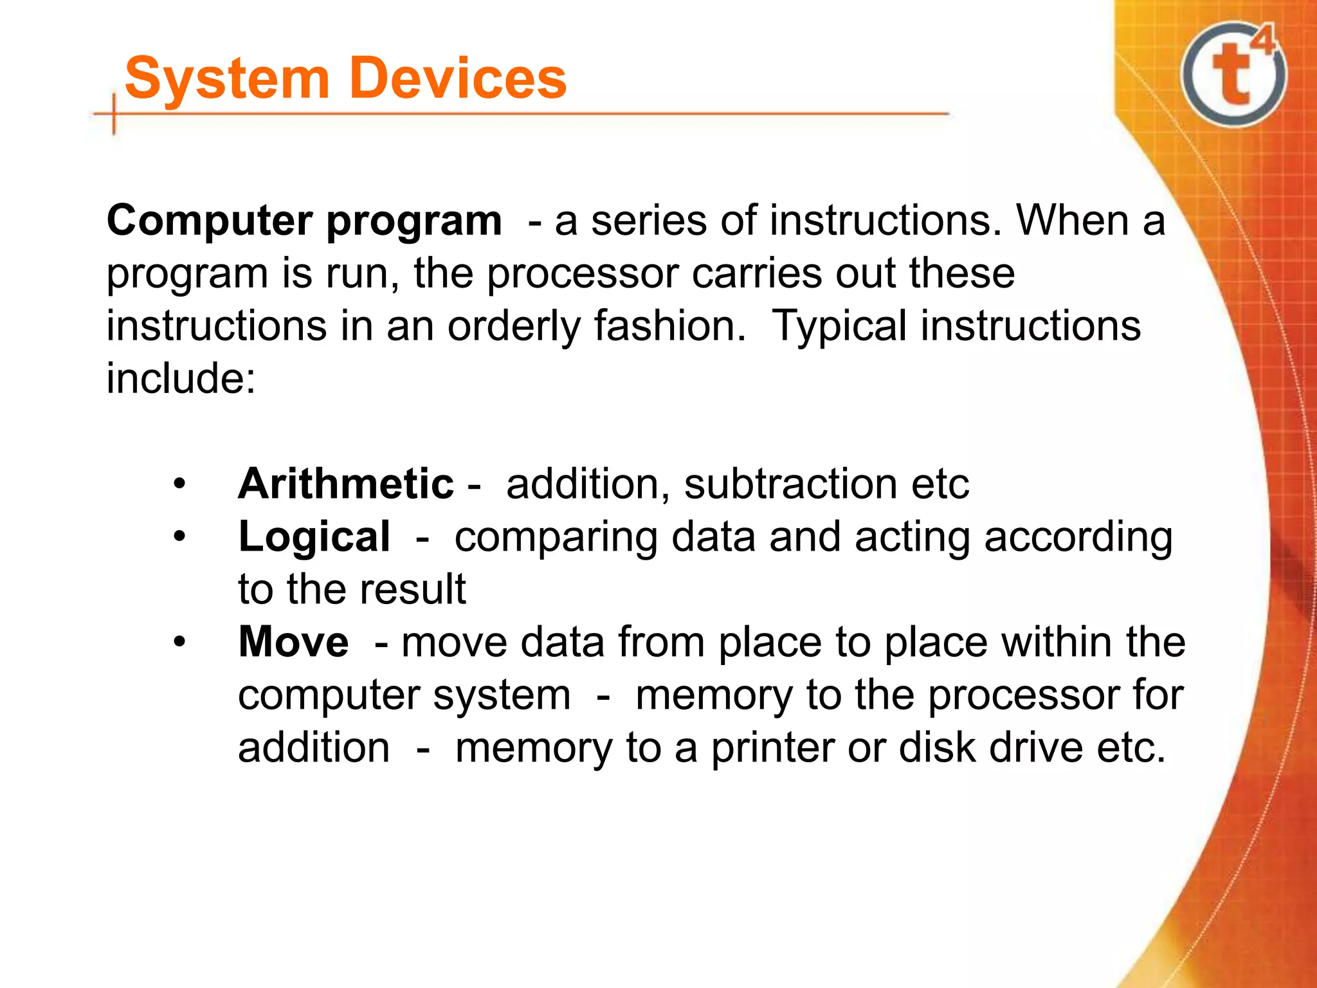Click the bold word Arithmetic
pyautogui.click(x=346, y=484)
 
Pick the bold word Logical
pyautogui.click(x=314, y=536)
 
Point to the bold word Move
pyautogui.click(x=293, y=642)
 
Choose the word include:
pyautogui.click(x=181, y=378)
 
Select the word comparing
pyautogui.click(x=556, y=538)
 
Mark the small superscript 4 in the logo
pyautogui.click(x=1263, y=41)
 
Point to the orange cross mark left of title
pyautogui.click(x=114, y=114)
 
